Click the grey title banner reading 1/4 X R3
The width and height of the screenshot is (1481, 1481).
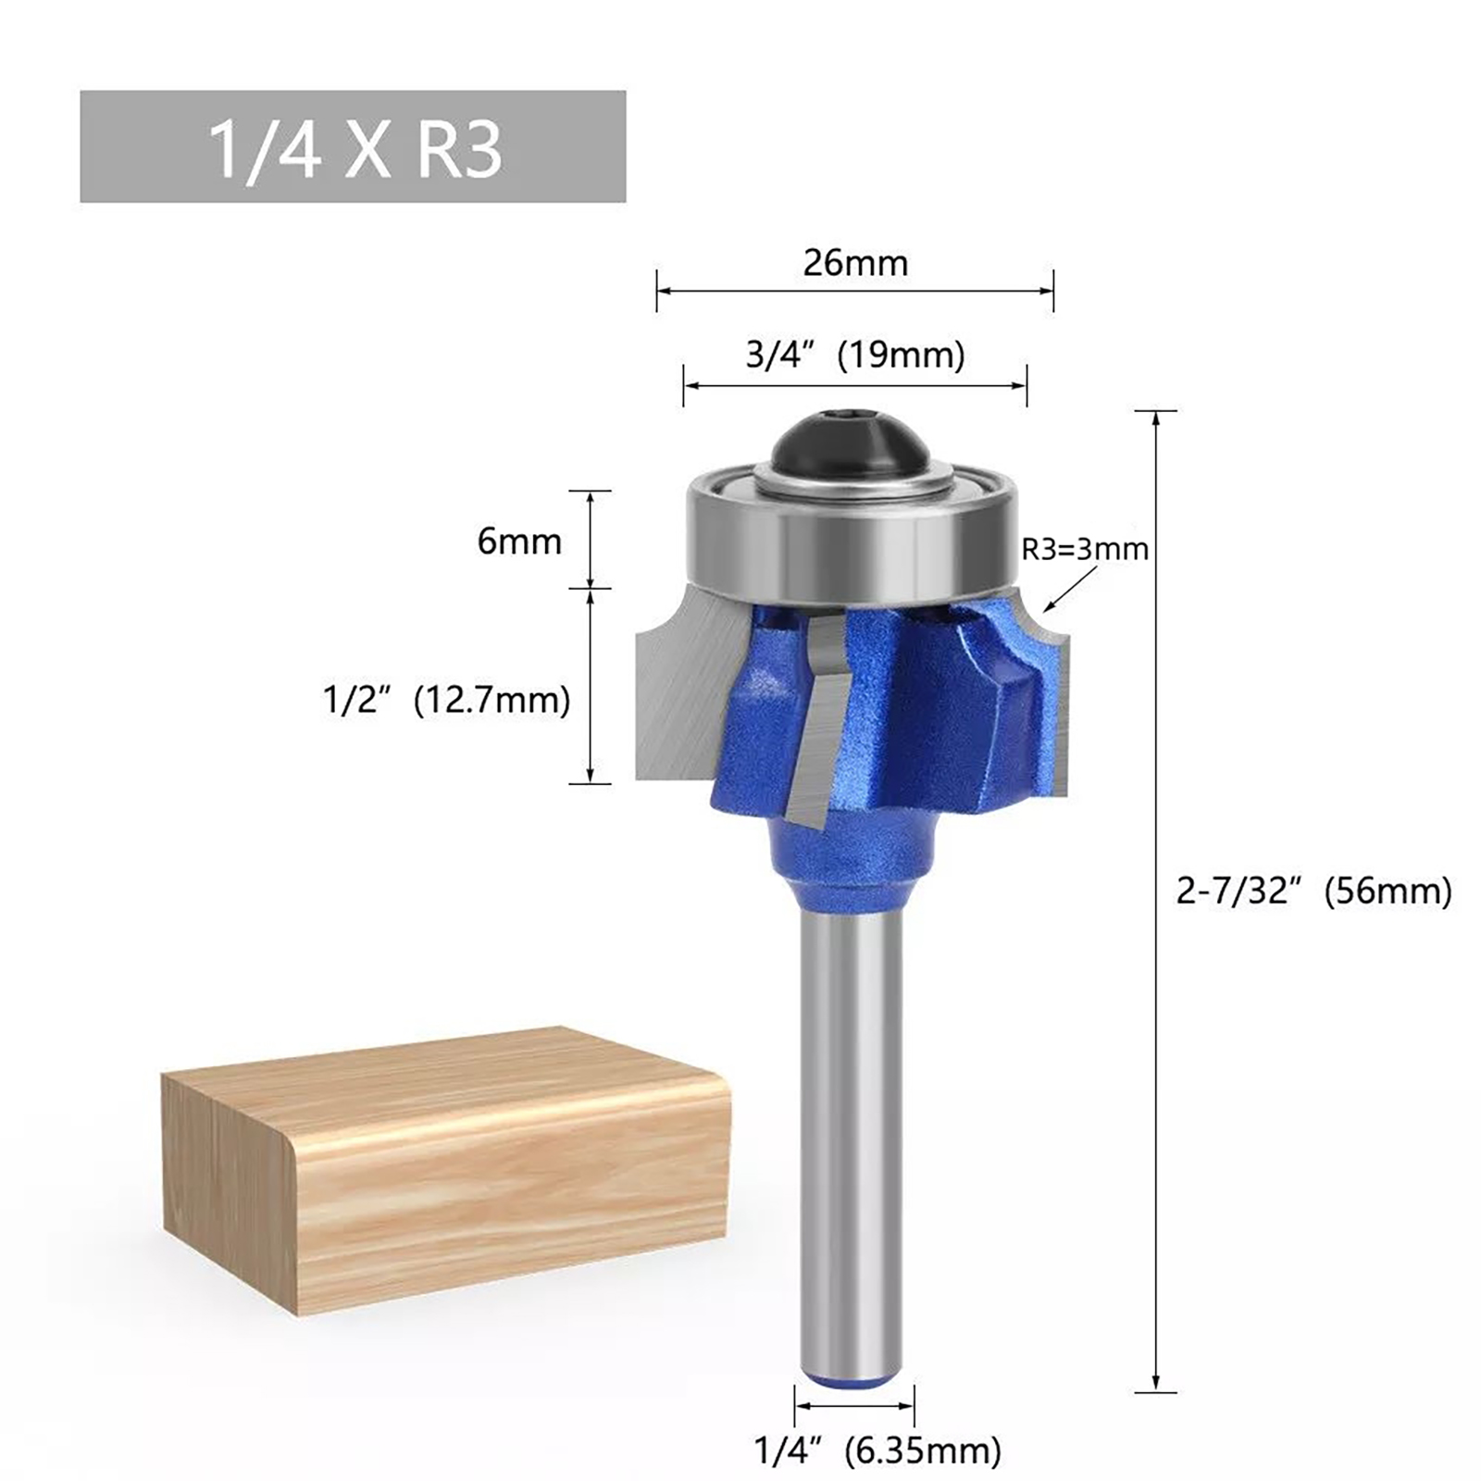pos(353,146)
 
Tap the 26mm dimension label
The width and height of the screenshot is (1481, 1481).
pos(855,263)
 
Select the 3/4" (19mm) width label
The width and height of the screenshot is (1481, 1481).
pos(855,355)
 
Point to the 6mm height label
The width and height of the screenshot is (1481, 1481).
pos(519,541)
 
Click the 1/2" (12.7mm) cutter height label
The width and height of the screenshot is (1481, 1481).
pos(446,700)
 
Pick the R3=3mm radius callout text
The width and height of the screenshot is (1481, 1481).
pos(1085,549)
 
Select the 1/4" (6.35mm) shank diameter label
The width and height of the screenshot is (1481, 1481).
pos(878,1450)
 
